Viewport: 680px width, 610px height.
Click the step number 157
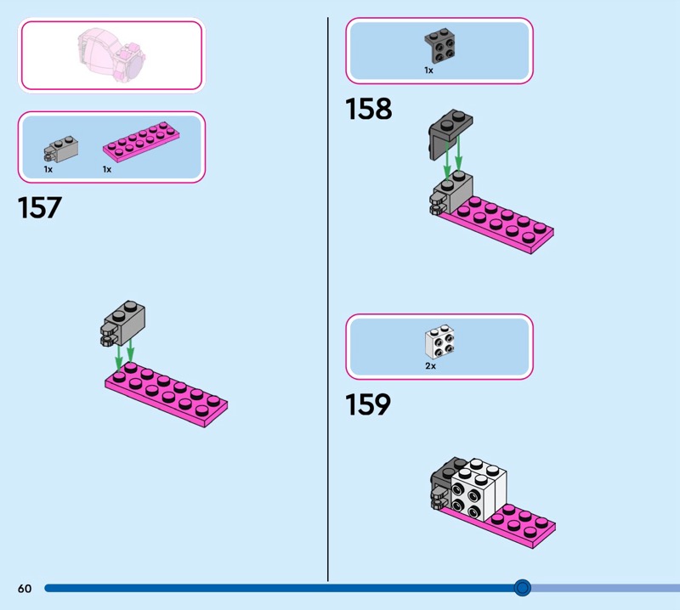39,207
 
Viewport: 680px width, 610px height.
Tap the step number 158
368,109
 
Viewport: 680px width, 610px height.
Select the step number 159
368,404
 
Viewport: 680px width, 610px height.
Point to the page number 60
25,588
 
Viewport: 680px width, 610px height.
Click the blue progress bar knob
522,588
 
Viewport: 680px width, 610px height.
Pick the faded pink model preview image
111,54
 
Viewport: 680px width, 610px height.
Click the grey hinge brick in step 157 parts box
60,150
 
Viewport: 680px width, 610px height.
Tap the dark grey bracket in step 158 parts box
439,46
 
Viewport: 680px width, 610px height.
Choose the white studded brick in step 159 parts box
439,341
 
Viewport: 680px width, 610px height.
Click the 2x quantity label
430,366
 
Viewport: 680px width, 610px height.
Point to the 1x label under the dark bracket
428,71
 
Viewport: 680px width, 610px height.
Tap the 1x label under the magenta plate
107,170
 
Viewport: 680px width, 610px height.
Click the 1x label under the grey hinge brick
48,170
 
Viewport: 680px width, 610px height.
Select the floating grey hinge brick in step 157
122,324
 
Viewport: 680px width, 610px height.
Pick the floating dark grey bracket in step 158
450,134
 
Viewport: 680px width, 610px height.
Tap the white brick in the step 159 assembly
479,489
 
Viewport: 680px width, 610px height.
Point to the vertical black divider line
328,299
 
